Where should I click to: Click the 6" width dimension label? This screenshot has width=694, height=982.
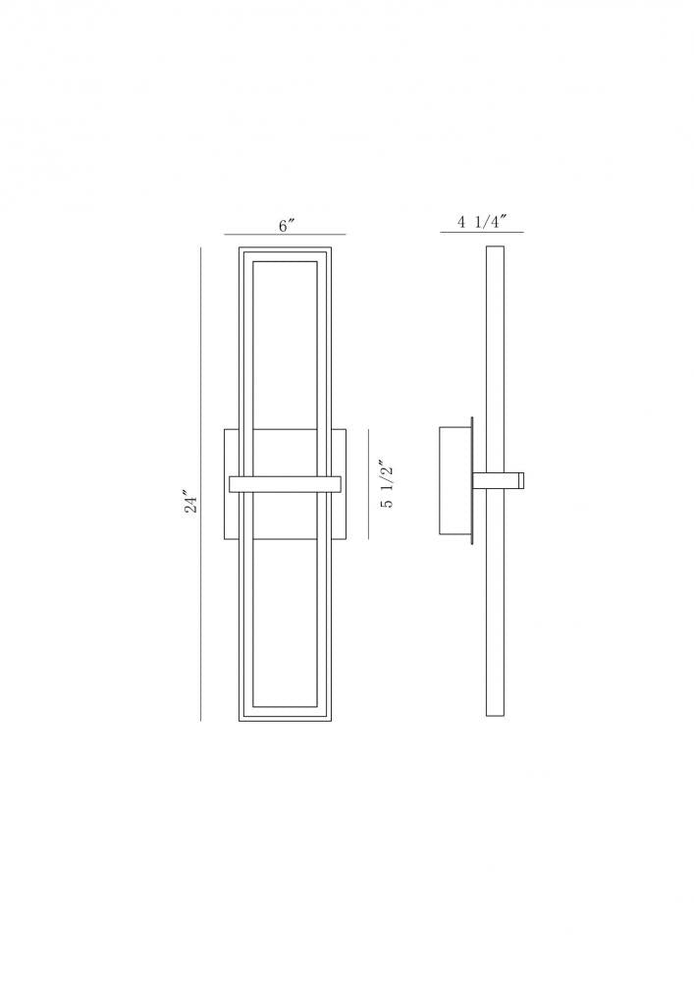pos(285,226)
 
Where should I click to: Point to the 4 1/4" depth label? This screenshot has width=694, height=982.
pos(481,222)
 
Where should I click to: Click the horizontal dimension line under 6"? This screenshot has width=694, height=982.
pos(285,235)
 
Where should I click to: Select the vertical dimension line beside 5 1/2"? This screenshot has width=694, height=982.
pos(368,483)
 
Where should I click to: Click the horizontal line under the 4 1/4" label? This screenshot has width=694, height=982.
pos(482,233)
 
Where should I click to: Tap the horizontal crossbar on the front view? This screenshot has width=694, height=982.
pos(285,483)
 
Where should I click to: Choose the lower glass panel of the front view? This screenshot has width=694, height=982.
pos(285,619)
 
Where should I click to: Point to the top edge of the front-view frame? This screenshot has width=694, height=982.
pos(285,248)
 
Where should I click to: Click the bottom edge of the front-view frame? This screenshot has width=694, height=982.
pos(285,721)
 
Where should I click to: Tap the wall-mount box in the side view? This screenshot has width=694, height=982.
pos(454,480)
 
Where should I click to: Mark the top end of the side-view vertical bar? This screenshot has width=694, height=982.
pos(496,249)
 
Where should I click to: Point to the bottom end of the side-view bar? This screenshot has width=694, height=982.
pos(496,716)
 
